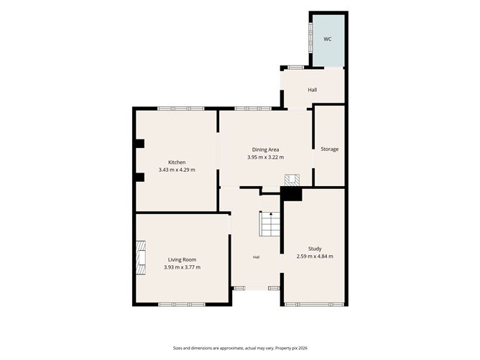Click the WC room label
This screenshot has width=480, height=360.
[x=328, y=40]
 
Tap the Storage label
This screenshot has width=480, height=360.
[x=329, y=149]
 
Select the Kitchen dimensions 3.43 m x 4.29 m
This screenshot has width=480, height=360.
[x=177, y=170]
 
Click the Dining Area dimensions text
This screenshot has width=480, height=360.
[x=266, y=157]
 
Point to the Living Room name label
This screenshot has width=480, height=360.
[x=182, y=259]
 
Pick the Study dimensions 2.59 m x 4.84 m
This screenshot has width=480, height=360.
[x=315, y=257]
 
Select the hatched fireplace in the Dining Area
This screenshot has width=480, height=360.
[x=292, y=180]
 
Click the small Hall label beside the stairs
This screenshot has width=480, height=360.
[x=257, y=257]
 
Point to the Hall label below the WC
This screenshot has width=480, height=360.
[x=313, y=90]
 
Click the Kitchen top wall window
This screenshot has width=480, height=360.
[x=181, y=109]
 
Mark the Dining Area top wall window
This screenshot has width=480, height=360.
[x=253, y=109]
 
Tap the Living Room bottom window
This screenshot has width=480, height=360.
[x=182, y=305]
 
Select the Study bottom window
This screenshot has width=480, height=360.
[x=315, y=305]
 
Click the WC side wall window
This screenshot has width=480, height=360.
[x=310, y=37]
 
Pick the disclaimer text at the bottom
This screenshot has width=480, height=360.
[x=240, y=348]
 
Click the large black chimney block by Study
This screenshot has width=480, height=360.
[x=292, y=194]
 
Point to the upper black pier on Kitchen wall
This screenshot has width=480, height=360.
[x=140, y=144]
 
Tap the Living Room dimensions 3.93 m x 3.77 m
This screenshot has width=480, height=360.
[x=182, y=267]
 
